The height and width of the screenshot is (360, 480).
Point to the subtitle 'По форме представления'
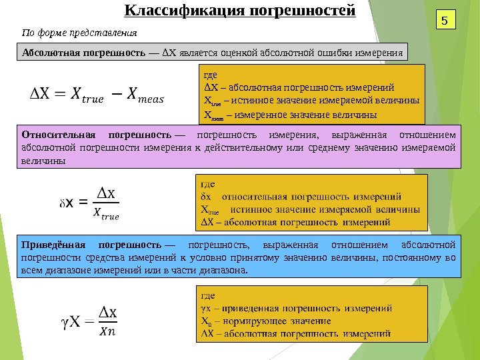tap(79, 33)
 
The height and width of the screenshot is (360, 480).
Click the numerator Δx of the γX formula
tap(107, 313)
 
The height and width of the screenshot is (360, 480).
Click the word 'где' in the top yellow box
tap(210, 75)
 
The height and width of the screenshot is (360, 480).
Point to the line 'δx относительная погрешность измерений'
tap(300, 198)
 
